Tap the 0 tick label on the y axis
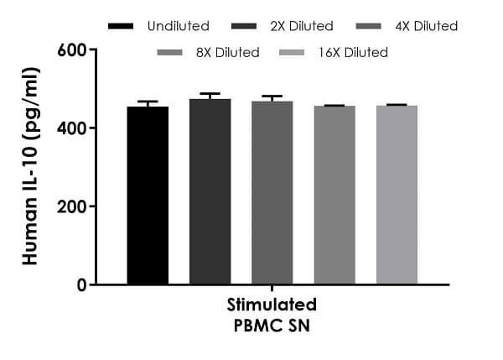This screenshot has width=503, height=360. [x=81, y=284]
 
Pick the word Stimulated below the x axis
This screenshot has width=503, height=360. [x=272, y=304]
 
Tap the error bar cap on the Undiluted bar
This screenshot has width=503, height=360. [x=148, y=102]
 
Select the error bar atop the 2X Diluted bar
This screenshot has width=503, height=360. [x=210, y=94]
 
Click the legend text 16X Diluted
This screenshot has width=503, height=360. [x=353, y=52]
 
